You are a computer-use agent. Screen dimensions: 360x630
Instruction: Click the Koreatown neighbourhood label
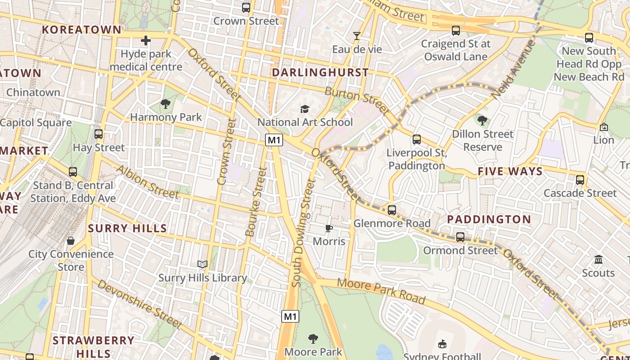(81, 30)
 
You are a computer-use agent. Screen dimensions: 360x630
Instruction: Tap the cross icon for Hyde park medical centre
(145, 41)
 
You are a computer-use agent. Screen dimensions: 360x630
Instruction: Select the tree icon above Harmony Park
(166, 104)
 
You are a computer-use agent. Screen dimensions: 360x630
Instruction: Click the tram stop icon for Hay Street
(99, 134)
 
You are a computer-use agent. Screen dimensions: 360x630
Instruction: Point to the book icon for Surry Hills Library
(202, 265)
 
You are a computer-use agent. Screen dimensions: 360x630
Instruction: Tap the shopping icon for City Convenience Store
(71, 241)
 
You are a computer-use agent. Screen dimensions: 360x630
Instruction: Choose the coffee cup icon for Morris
(329, 228)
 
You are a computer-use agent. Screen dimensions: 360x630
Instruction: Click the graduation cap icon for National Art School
(305, 109)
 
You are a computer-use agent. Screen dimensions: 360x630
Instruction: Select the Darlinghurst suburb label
(320, 72)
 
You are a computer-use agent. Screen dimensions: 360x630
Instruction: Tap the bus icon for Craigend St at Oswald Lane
(456, 31)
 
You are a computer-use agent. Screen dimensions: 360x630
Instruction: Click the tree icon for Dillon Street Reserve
(482, 121)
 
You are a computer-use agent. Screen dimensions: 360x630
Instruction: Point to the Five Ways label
(510, 171)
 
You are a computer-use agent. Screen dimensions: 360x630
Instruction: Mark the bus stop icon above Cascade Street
(580, 180)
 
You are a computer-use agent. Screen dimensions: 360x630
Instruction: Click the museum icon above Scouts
(598, 260)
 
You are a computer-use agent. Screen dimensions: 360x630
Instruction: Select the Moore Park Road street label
(381, 291)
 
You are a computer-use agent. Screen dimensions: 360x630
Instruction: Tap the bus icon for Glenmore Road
(392, 210)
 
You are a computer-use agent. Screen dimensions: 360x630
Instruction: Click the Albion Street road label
(148, 182)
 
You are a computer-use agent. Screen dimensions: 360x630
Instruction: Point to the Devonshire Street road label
(139, 304)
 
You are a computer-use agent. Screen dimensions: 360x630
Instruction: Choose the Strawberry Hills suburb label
(94, 346)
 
